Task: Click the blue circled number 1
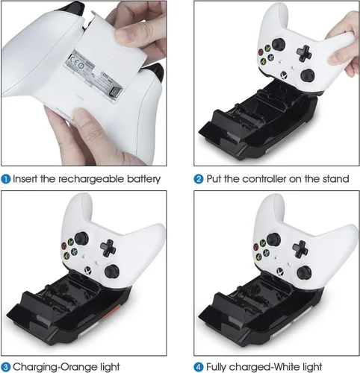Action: pos(6,179)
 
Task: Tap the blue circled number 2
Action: pos(199,179)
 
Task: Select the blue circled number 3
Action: pos(6,366)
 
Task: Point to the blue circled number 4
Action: pos(199,366)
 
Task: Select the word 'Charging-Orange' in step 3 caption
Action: pos(58,366)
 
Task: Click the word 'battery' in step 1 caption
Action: pos(141,179)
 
